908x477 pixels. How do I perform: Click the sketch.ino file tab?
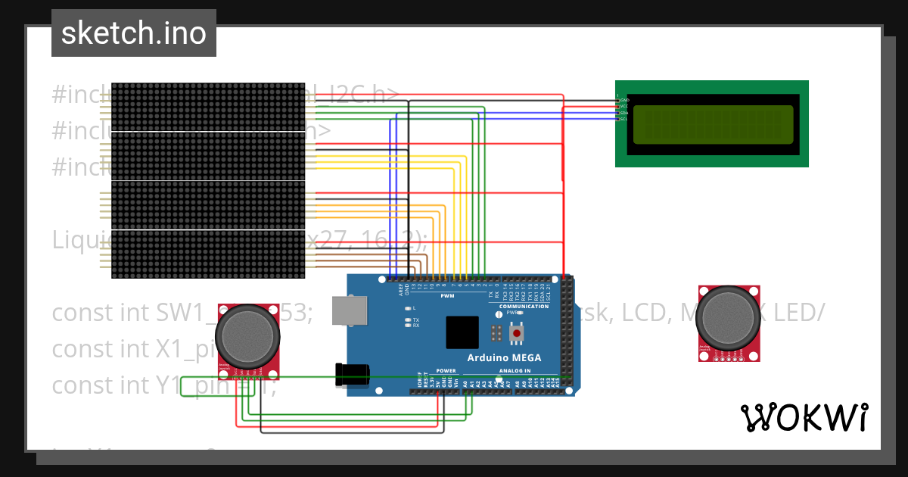(133, 33)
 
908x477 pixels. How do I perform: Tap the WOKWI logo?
(804, 417)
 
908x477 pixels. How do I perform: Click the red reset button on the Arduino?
(517, 332)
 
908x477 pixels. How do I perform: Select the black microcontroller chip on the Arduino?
(462, 332)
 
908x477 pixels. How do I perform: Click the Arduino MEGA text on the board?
(504, 358)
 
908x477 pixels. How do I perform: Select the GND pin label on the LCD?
(625, 100)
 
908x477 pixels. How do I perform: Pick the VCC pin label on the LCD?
(625, 106)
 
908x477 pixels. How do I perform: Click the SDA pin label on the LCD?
(625, 112)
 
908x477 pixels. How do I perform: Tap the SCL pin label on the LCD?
(625, 119)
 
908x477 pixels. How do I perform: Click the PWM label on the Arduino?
(446, 296)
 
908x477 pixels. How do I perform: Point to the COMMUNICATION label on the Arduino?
(524, 306)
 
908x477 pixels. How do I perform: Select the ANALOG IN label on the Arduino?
(515, 371)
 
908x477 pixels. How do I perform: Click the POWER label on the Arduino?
(446, 371)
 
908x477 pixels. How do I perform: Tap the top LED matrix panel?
(208, 106)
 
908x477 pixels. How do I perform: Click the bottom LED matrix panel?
(208, 254)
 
